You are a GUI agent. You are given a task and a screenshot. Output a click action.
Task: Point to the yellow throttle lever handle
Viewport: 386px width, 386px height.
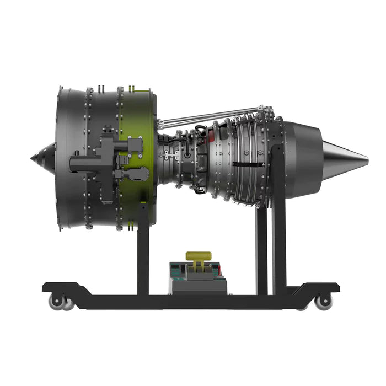[199, 256]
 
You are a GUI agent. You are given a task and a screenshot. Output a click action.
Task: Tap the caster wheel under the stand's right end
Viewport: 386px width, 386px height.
[323, 301]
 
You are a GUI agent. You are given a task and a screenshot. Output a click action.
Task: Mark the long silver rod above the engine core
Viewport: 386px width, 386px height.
[210, 116]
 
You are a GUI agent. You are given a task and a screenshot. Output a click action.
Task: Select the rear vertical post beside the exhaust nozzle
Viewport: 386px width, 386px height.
[279, 243]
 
